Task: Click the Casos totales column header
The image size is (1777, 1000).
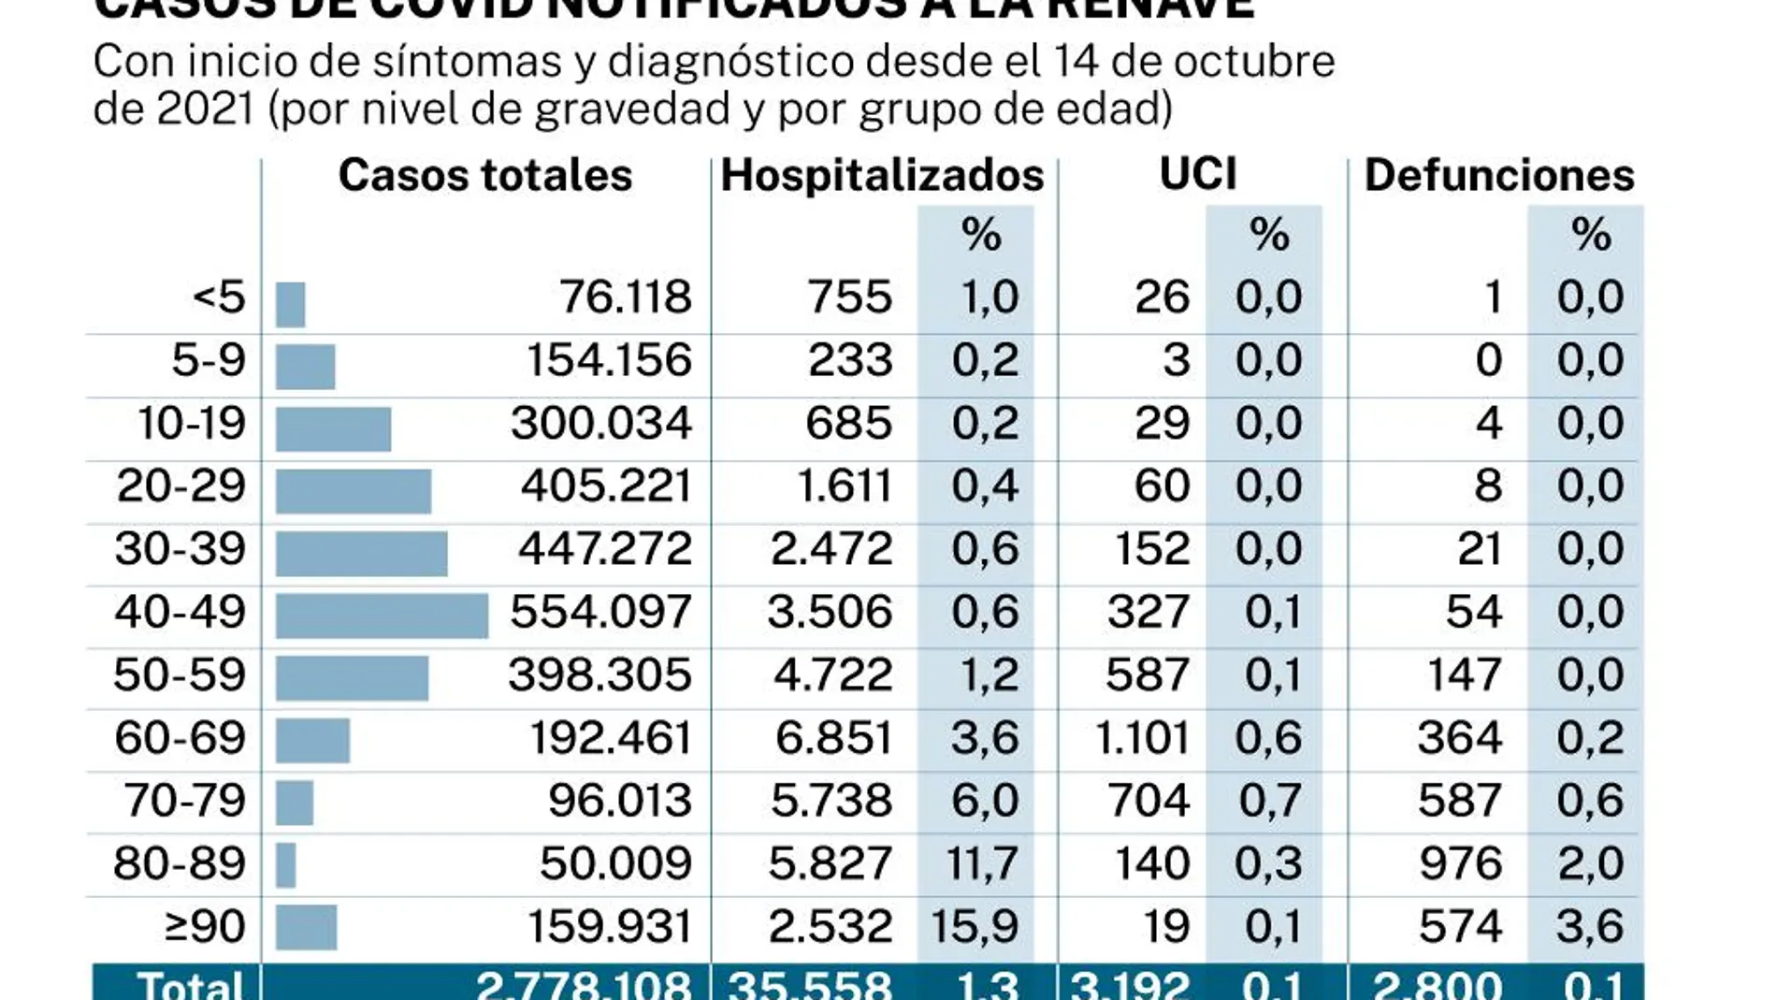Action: (484, 175)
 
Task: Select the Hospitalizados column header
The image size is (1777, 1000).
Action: (882, 175)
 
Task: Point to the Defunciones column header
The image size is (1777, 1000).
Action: (1499, 175)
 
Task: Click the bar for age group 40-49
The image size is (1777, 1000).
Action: (382, 616)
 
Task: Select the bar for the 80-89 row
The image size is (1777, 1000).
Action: (286, 865)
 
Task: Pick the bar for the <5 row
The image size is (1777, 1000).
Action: (291, 304)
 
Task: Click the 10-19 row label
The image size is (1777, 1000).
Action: (192, 423)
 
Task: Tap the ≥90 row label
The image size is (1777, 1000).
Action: (205, 926)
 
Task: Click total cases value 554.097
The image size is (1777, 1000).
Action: (600, 612)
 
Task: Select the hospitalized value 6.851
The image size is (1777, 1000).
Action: (833, 738)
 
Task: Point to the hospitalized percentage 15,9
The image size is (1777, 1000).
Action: (975, 926)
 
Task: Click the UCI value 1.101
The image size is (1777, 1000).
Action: (1142, 738)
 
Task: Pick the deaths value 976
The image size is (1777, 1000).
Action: (1460, 863)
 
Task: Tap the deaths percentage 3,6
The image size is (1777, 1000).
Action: (1590, 926)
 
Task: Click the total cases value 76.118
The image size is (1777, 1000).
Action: (626, 297)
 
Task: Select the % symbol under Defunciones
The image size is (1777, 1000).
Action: (1591, 234)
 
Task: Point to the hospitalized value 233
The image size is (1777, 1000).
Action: (850, 360)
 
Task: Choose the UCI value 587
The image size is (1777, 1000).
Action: (1148, 674)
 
